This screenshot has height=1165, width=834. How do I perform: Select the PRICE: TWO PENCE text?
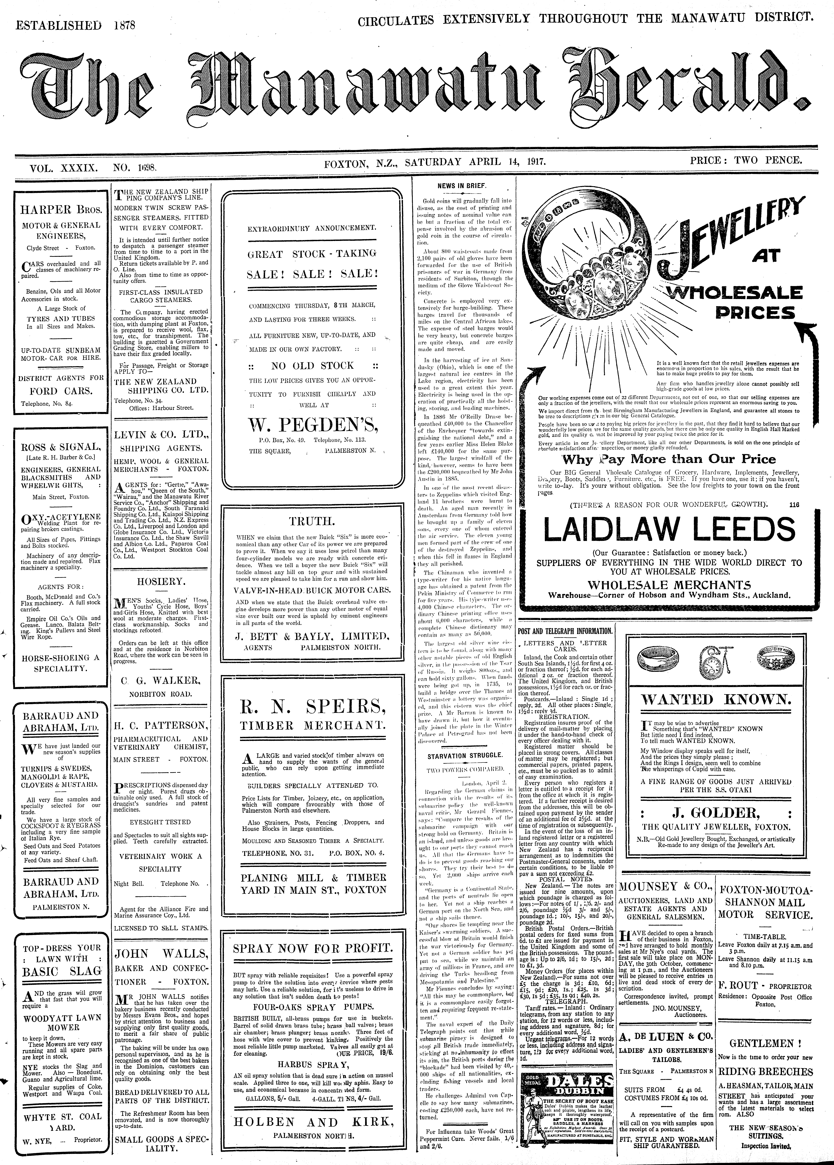point(746,160)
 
